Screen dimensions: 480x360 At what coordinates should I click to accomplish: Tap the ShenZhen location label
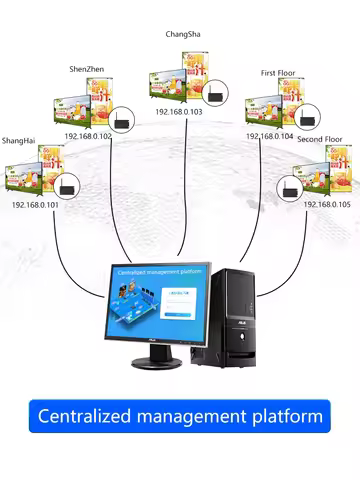point(86,69)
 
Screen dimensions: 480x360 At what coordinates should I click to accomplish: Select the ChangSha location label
point(182,33)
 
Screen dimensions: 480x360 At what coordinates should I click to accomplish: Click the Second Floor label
point(319,139)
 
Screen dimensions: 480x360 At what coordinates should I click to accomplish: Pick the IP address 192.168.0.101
point(36,204)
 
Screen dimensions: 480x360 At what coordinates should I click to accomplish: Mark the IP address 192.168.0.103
point(179,112)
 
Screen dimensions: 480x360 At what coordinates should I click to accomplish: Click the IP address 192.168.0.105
point(327,204)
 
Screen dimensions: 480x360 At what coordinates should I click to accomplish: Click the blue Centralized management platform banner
point(180,414)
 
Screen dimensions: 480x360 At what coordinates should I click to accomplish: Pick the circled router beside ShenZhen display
point(122,120)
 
